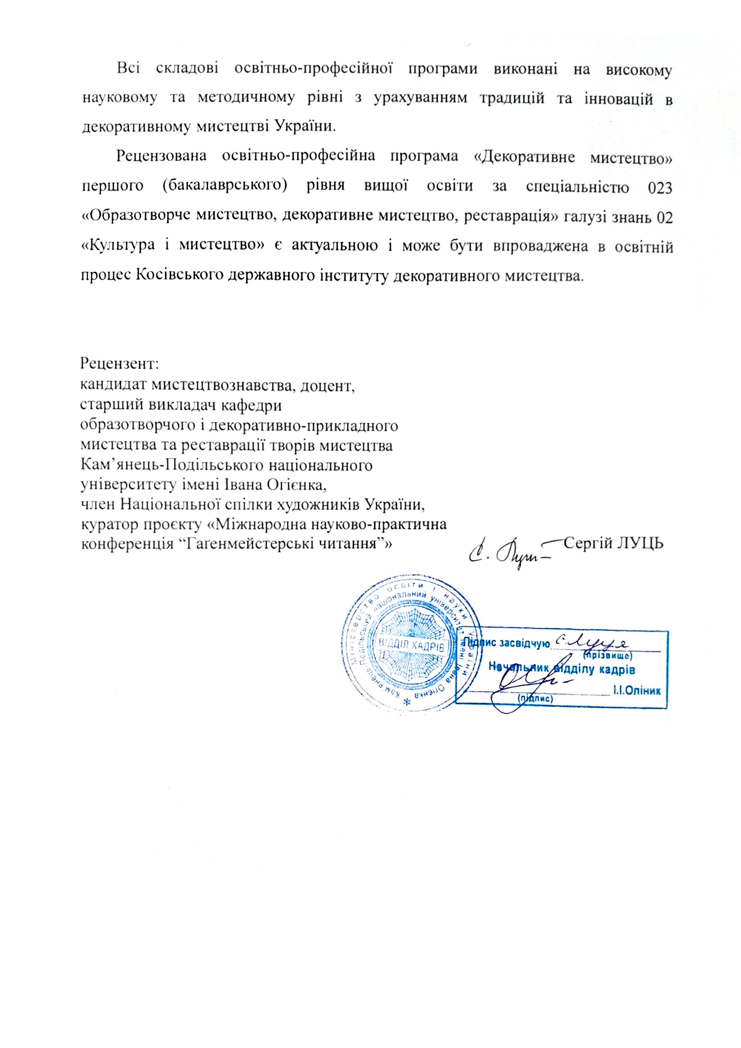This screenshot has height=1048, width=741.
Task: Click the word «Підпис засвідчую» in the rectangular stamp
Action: coord(508,643)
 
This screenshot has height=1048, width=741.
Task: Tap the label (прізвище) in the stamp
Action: coord(607,656)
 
